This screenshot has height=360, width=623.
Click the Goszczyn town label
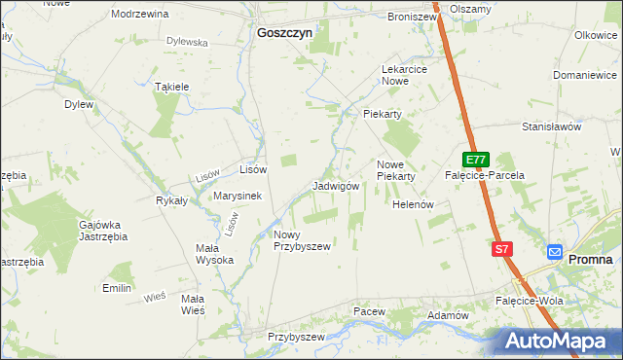tap(284, 32)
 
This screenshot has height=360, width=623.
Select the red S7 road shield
tap(501, 249)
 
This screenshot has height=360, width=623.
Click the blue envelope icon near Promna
tap(554, 251)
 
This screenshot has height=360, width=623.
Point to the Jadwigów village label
tap(337, 186)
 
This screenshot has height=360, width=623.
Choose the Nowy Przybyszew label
tap(302, 240)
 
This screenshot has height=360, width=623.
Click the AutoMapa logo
tap(561, 342)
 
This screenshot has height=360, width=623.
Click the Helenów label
tap(412, 205)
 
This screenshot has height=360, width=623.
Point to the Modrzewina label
tap(140, 15)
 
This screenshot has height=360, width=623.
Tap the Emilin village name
tap(117, 288)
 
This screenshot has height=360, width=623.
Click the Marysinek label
tap(238, 196)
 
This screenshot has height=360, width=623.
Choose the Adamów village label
tap(449, 316)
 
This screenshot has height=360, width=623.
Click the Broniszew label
tap(412, 17)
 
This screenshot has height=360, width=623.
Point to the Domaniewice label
tap(582, 75)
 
